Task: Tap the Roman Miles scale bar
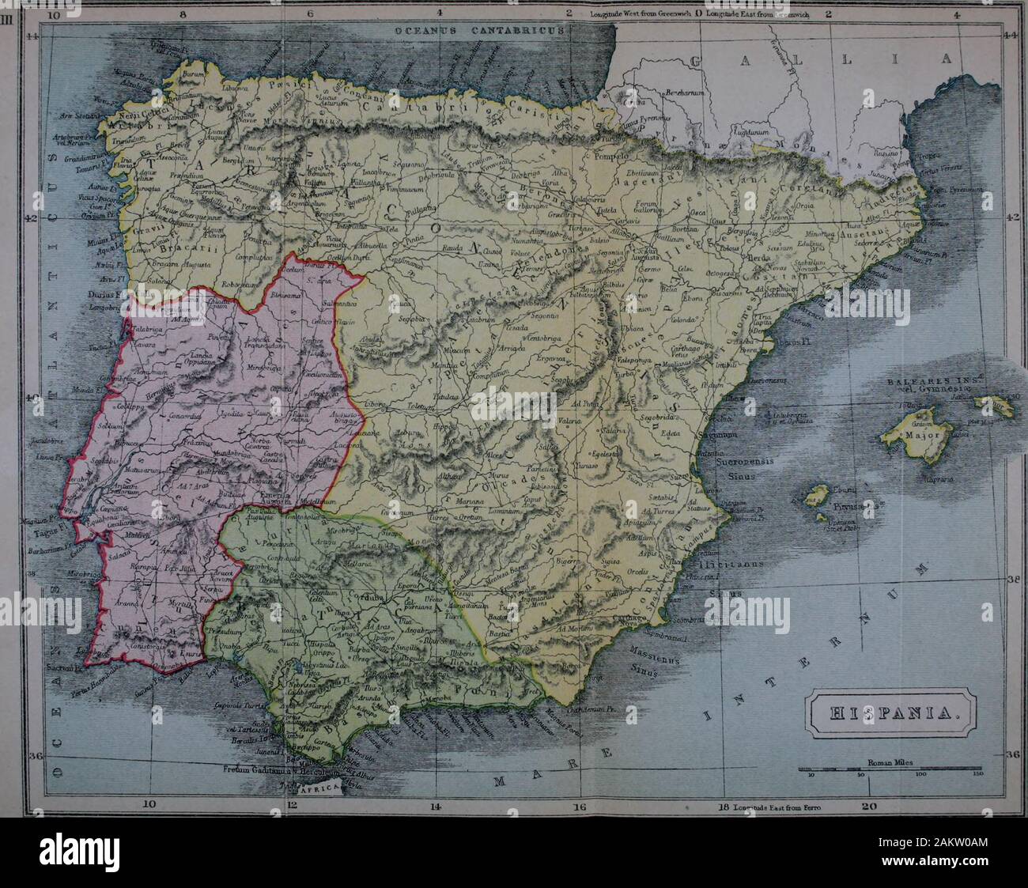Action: coord(890,768)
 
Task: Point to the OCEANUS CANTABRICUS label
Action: coord(480,29)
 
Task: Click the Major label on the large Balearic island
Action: coord(920,435)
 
